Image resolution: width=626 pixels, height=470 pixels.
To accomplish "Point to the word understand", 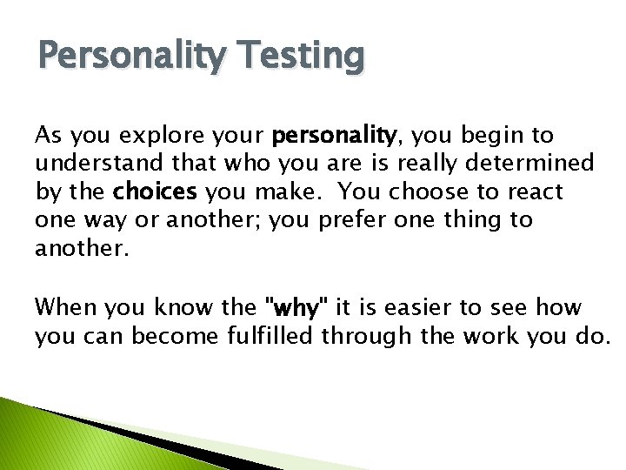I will point(92,164).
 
